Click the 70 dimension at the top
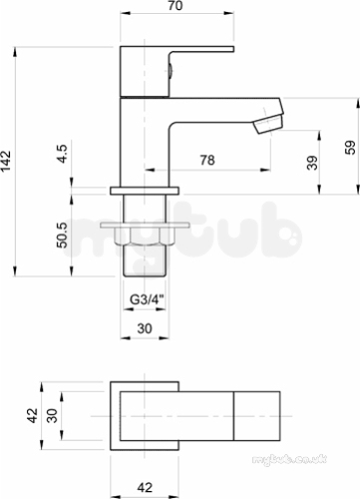point(176,6)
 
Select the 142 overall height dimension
point(6,162)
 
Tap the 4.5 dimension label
point(62,154)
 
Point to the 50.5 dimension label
point(62,235)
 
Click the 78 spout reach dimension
point(207,160)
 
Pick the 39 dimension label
point(312,163)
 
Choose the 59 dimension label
point(350,148)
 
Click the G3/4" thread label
point(147,299)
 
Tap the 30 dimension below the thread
point(145,328)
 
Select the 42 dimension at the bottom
point(145,488)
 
